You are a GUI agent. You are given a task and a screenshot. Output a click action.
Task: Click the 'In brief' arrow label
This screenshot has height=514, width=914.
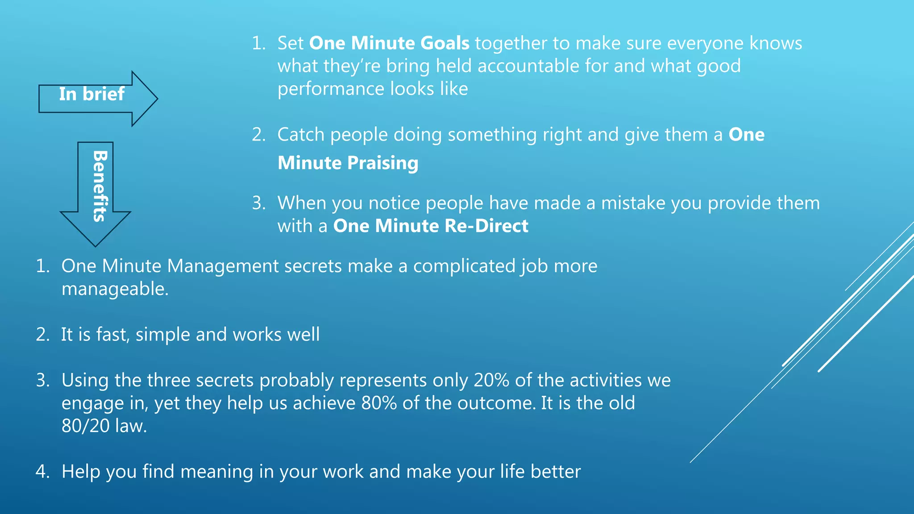tap(91, 94)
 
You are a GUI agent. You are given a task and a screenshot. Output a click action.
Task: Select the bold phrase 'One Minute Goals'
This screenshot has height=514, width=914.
tap(389, 43)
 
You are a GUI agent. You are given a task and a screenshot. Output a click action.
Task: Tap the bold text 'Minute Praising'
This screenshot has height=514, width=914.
tap(348, 163)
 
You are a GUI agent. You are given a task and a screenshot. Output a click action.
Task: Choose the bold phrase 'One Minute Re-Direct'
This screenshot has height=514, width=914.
tap(431, 226)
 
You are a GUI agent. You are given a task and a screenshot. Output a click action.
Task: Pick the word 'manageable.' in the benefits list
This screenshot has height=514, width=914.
tap(115, 289)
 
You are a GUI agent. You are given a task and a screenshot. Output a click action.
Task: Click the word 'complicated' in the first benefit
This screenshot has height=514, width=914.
tap(464, 266)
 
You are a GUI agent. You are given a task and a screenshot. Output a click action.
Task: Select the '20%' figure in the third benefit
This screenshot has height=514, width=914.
tap(491, 381)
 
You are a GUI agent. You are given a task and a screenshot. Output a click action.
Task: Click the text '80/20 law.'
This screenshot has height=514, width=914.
tap(104, 426)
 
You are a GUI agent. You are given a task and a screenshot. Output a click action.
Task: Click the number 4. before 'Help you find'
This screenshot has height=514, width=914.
tap(42, 472)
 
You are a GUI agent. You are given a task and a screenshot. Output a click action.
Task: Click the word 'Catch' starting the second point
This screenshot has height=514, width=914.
tap(301, 135)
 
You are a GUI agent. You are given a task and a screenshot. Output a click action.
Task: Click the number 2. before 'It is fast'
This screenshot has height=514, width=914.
tap(42, 335)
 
